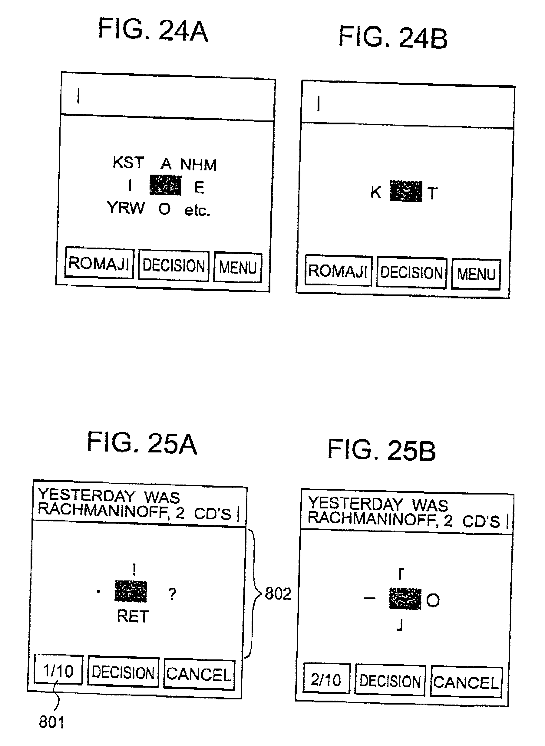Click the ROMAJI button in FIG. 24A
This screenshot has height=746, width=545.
99,263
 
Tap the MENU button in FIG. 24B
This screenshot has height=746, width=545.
476,274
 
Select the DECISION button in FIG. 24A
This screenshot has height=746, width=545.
173,265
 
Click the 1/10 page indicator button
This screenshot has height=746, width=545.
58,671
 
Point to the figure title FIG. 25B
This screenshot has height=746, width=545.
381,450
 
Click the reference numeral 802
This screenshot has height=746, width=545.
278,594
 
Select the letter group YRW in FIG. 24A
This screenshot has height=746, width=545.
126,208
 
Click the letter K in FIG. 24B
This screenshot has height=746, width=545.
376,192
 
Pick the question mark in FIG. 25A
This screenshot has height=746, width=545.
172,594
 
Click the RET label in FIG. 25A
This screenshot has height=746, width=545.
133,616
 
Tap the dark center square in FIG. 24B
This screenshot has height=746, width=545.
406,191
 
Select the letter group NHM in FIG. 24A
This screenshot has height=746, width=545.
198,165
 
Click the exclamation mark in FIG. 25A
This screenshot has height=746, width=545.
134,569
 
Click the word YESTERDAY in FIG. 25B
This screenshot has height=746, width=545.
355,504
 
